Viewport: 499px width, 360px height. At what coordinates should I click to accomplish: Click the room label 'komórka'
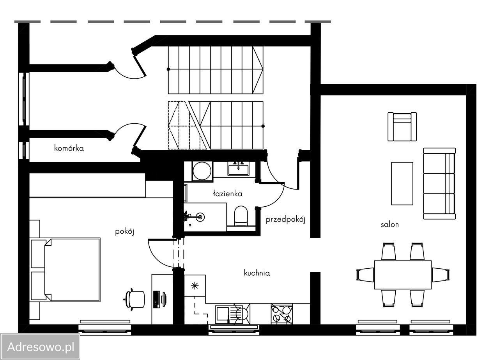(69, 148)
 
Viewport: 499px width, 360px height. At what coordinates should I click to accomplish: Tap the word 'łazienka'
(228, 193)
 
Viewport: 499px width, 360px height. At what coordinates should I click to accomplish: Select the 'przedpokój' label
(285, 220)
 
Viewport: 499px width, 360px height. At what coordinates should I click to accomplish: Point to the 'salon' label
(389, 225)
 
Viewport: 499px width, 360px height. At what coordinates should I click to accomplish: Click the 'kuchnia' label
(257, 273)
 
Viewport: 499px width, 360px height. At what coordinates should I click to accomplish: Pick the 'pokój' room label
(124, 232)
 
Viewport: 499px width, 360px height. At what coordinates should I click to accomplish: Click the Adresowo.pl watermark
(40, 347)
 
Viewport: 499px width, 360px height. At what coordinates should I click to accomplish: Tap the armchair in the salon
(402, 127)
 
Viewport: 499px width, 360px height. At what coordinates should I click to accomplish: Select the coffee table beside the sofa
(402, 183)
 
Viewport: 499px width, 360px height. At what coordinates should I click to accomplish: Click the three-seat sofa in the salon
(439, 183)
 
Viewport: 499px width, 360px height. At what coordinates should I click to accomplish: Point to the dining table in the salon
(403, 275)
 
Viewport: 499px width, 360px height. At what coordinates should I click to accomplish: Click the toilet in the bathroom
(241, 216)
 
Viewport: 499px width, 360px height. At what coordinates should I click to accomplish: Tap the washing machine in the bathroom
(202, 171)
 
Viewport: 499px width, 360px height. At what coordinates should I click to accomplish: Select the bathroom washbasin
(238, 170)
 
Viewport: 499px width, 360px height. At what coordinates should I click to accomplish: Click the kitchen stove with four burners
(281, 314)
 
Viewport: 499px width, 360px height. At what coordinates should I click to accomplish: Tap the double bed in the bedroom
(65, 270)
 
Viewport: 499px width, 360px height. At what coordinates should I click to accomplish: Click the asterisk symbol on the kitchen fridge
(195, 286)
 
